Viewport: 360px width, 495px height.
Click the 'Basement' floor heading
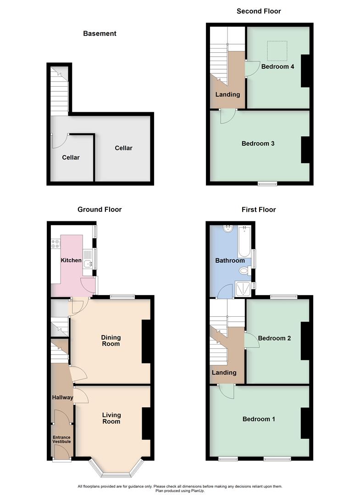pos(100,33)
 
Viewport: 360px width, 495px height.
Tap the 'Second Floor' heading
pos(259,11)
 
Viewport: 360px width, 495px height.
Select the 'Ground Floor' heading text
pos(100,209)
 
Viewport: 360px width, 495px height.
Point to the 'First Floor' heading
pos(259,209)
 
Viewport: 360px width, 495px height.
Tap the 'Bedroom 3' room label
pos(258,143)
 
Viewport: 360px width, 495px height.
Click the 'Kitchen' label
pos(71,260)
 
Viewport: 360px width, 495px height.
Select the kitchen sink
pos(89,263)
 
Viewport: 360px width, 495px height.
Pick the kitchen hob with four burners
pos(56,244)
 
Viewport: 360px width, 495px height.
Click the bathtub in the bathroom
pos(244,242)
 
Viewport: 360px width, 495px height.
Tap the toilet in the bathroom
pos(244,271)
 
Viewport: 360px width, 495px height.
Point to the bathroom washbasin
pos(228,229)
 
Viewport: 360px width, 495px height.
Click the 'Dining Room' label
pos(111,341)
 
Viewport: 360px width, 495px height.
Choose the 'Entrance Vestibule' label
pos(61,440)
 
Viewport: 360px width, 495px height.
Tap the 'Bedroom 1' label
pos(259,419)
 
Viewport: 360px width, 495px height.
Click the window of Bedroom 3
pos(267,184)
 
